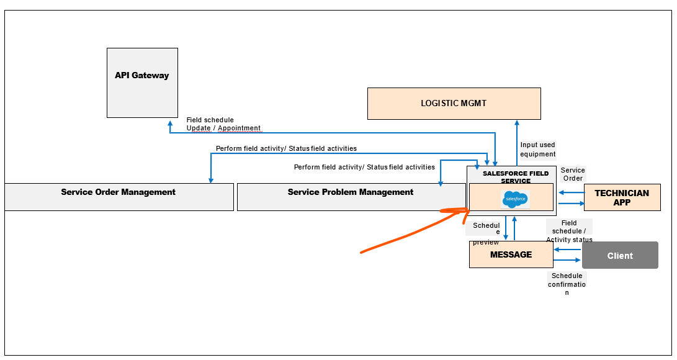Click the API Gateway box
[142, 83]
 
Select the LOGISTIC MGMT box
[454, 103]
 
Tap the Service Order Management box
[119, 196]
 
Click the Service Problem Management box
[351, 196]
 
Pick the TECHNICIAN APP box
[622, 197]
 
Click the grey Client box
[620, 255]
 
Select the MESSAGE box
[511, 254]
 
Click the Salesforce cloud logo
[514, 199]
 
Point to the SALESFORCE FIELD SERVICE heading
[515, 177]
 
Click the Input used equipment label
[537, 150]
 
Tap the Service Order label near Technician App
[572, 174]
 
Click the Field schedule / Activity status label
[569, 231]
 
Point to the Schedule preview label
[486, 233]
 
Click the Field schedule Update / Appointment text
[223, 124]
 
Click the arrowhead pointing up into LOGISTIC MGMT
[516, 123]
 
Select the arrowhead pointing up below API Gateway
[170, 123]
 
